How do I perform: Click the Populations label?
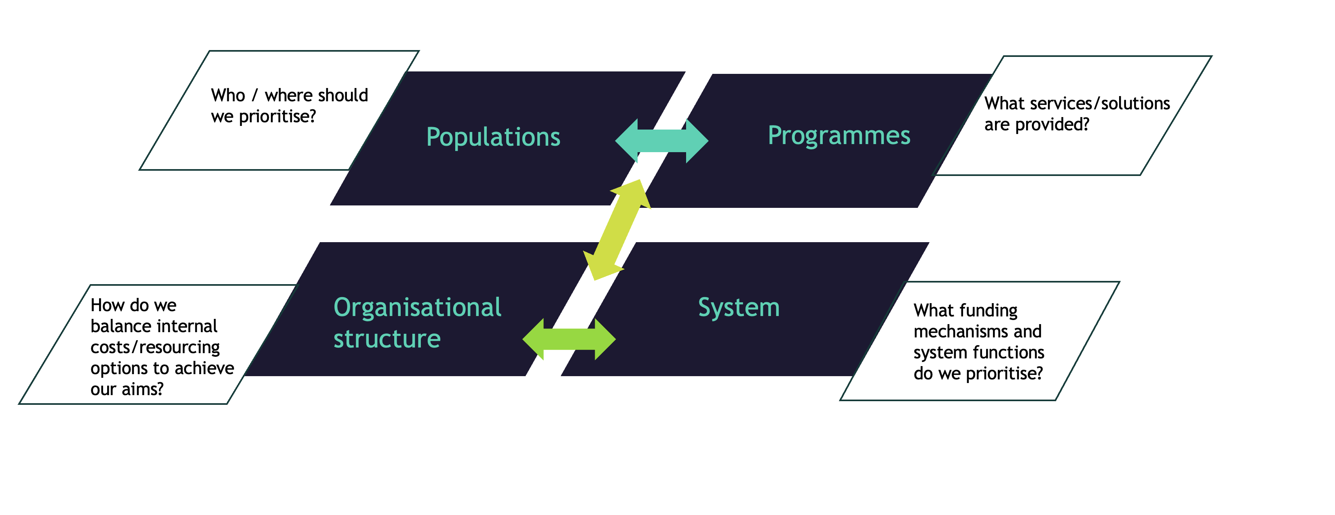[493, 137]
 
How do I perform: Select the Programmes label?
[839, 136]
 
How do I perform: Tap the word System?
[739, 308]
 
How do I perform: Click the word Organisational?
[417, 308]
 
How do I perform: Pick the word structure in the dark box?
[387, 339]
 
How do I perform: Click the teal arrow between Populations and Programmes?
[661, 141]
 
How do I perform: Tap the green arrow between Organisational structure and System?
[569, 339]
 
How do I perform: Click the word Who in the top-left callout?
[228, 96]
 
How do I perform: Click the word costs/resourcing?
[155, 347]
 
